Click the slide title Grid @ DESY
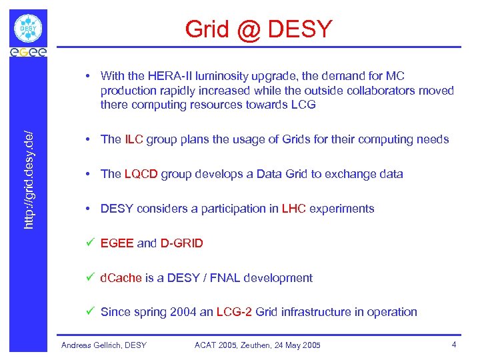[258, 29]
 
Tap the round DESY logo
[28, 29]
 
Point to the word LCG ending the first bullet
[301, 105]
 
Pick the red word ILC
[133, 139]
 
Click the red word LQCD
[140, 174]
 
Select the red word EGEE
[117, 243]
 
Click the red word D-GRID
[181, 243]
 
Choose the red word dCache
[121, 278]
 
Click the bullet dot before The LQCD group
[89, 174]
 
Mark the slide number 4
[453, 345]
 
